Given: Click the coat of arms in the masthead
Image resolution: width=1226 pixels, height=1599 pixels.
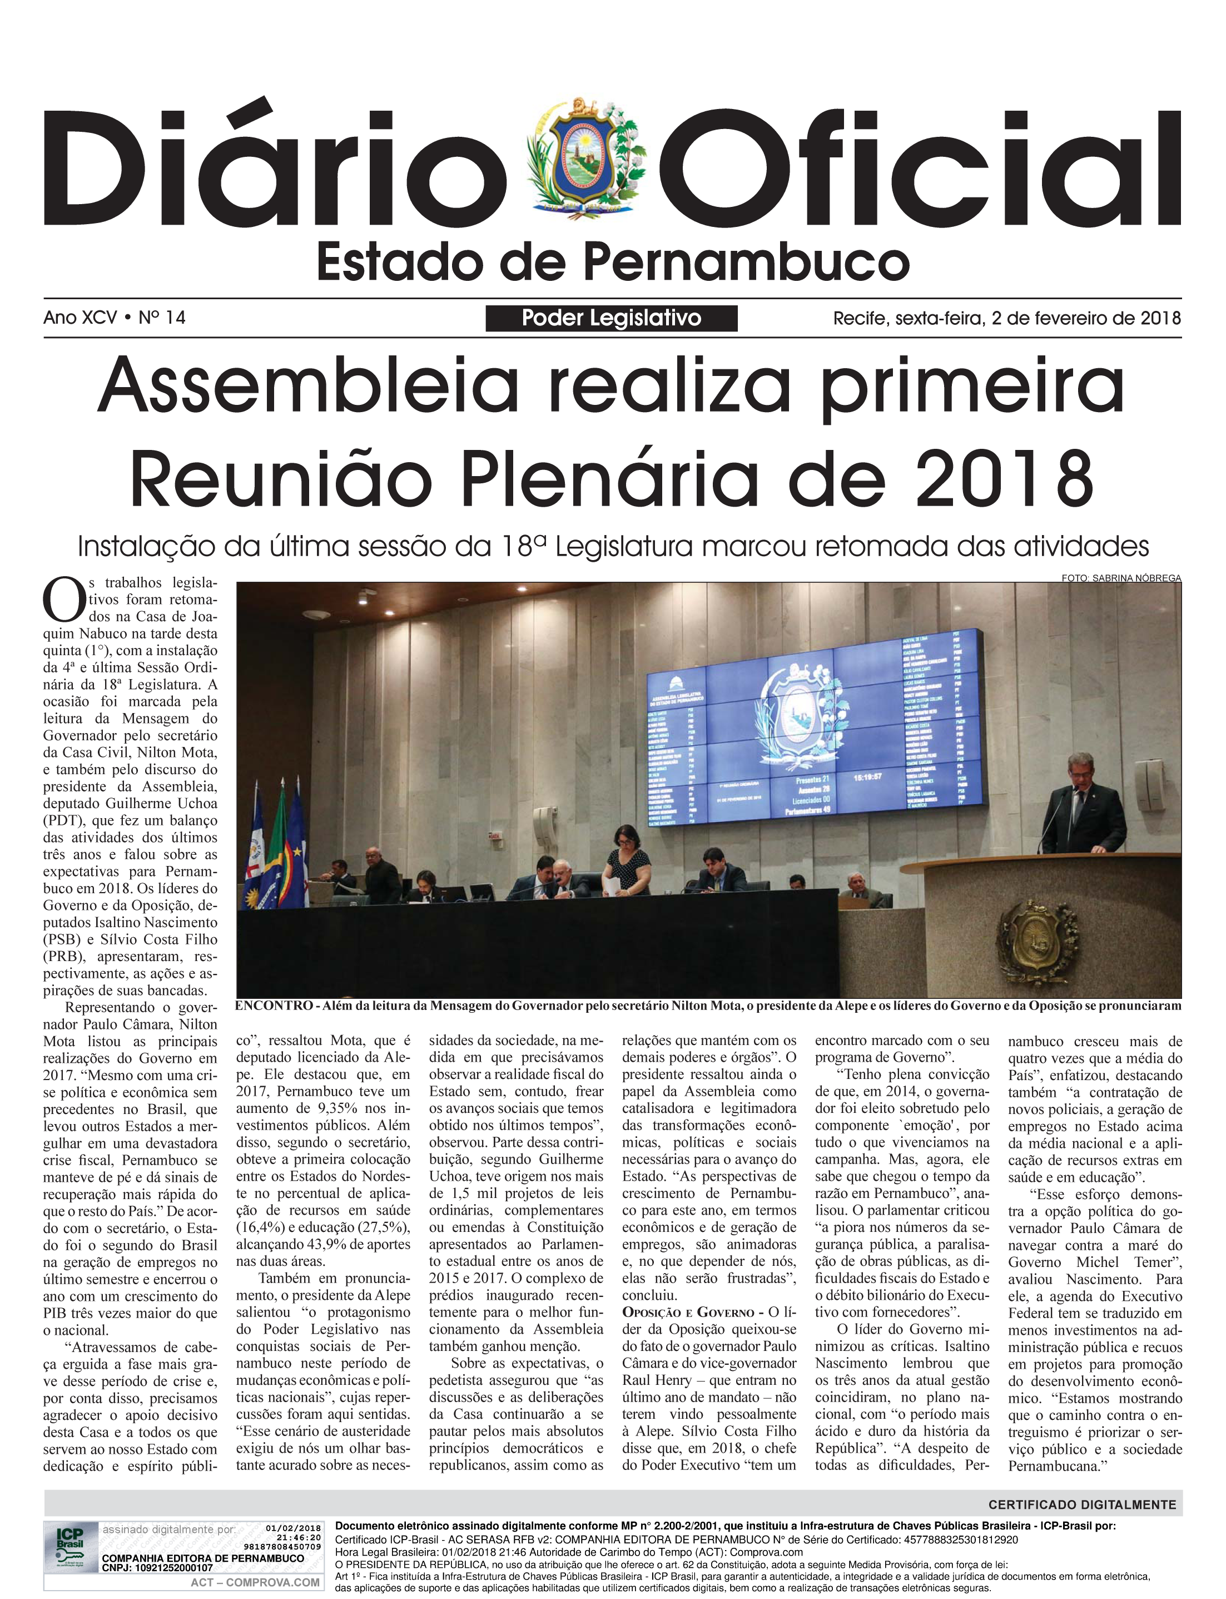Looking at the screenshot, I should tap(586, 159).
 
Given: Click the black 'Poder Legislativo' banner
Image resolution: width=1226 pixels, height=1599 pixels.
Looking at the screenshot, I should tap(611, 318).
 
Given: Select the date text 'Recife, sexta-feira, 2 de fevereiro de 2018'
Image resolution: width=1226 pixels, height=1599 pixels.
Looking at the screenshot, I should tap(1006, 318).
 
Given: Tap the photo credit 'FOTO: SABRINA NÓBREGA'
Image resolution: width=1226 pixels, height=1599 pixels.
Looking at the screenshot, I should tap(1121, 578).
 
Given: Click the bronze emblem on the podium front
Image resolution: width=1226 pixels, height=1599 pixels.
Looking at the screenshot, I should tap(1034, 938).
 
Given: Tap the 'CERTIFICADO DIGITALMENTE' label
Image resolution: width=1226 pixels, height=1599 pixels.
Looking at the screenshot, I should tap(1081, 1504).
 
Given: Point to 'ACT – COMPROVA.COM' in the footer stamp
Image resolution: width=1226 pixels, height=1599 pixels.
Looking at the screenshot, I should tap(255, 1582).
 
